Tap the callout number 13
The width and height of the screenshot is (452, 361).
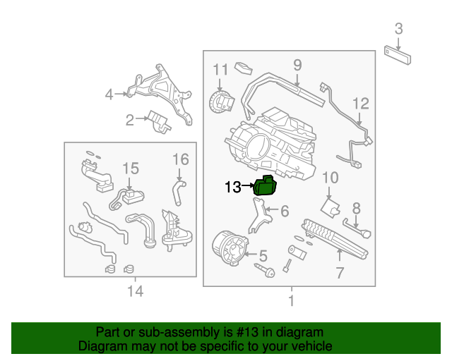coord(233,188)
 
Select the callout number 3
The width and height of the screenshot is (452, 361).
coord(399,29)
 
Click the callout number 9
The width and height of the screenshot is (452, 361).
coord(297,66)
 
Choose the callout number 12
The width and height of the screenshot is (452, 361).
coord(361,104)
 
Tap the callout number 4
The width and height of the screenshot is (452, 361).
coord(109,94)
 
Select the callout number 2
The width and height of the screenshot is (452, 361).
coord(130,121)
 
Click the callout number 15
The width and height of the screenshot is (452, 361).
coord(131,169)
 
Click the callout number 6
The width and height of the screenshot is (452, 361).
coord(284,211)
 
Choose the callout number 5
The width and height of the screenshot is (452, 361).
coord(262,255)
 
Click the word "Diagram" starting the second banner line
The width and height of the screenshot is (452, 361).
coord(100,346)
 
